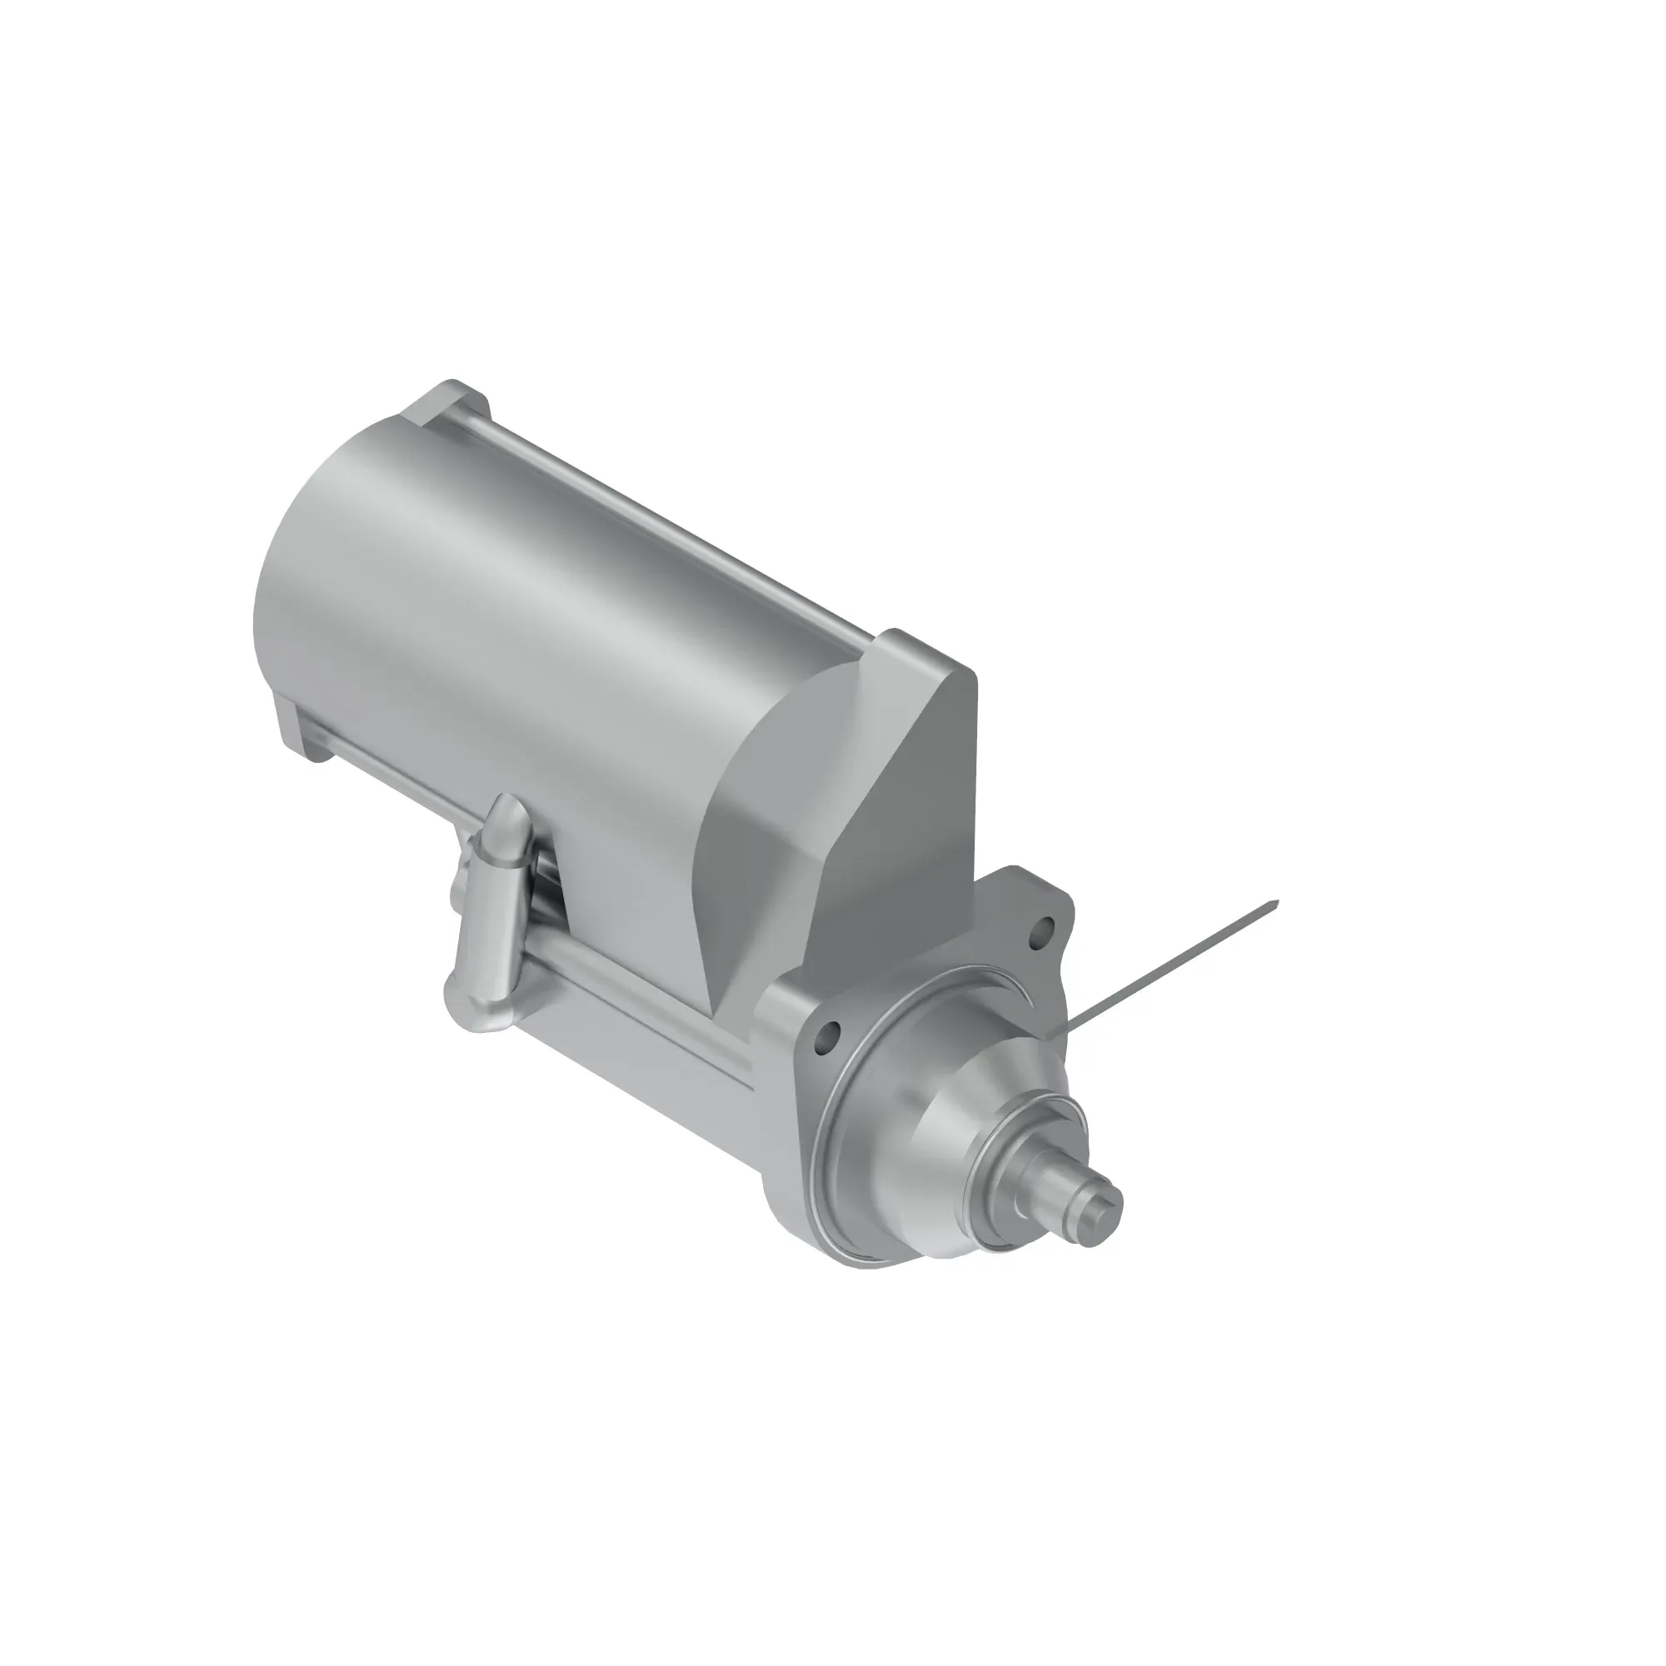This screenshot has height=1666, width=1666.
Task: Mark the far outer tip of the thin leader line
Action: (1277, 902)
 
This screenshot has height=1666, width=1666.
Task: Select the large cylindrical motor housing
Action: (517, 604)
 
